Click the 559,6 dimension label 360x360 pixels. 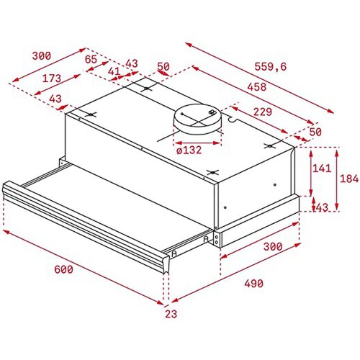[x=271, y=66]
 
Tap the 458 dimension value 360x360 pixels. [x=257, y=86]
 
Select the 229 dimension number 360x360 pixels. [x=263, y=112]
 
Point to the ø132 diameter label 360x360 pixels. [x=189, y=150]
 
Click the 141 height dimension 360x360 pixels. [x=321, y=168]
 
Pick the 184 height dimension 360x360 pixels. [x=349, y=179]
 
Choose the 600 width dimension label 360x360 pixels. [x=63, y=269]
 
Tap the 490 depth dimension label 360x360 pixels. [x=253, y=284]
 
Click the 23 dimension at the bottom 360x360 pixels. [x=171, y=314]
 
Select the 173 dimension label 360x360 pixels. [x=52, y=78]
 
